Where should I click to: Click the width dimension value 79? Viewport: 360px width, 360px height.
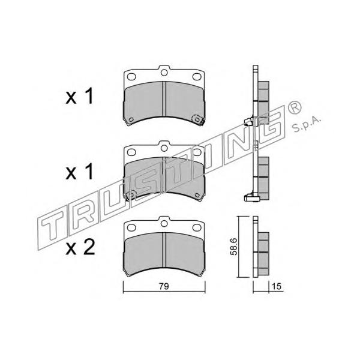[164, 286]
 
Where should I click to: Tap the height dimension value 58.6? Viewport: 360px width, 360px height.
[233, 247]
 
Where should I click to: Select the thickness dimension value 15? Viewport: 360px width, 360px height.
[277, 286]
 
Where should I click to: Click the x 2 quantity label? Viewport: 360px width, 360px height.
[80, 247]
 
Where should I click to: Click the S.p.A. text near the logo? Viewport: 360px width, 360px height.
[306, 125]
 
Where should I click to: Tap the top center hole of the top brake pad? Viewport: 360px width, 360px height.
[164, 73]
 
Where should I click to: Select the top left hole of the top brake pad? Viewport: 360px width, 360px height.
[131, 77]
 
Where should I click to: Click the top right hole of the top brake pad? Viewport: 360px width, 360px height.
[197, 77]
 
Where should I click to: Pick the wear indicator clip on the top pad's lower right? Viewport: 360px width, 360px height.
[198, 119]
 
